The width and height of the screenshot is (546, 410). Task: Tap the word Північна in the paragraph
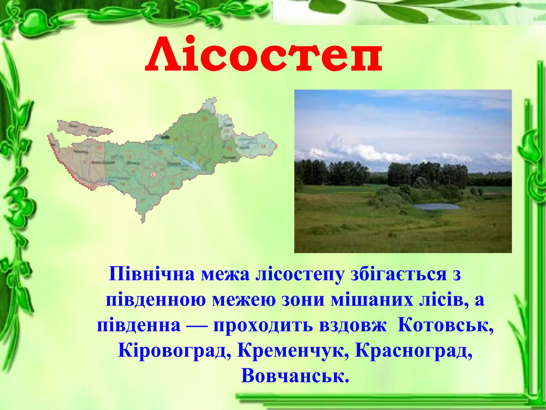152,274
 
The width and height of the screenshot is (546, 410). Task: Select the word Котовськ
445,326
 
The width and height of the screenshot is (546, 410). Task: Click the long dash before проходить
197,326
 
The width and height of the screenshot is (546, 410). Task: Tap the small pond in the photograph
436,206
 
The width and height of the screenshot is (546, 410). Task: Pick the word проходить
262,326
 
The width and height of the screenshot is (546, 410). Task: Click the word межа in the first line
225,274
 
